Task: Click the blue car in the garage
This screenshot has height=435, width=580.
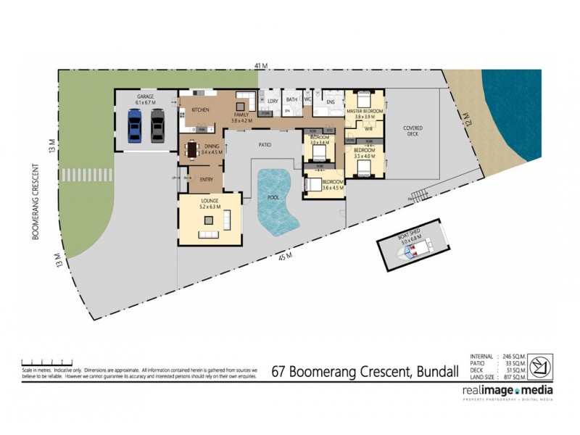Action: coord(135,125)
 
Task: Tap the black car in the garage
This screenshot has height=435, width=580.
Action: coord(157,125)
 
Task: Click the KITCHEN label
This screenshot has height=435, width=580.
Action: coord(201,109)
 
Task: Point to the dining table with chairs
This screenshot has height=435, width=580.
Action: coord(192,150)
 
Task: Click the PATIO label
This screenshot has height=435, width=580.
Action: coord(265,146)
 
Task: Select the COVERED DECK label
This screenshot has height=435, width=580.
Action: coord(413,131)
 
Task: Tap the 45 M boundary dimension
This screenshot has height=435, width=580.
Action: coord(288,256)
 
